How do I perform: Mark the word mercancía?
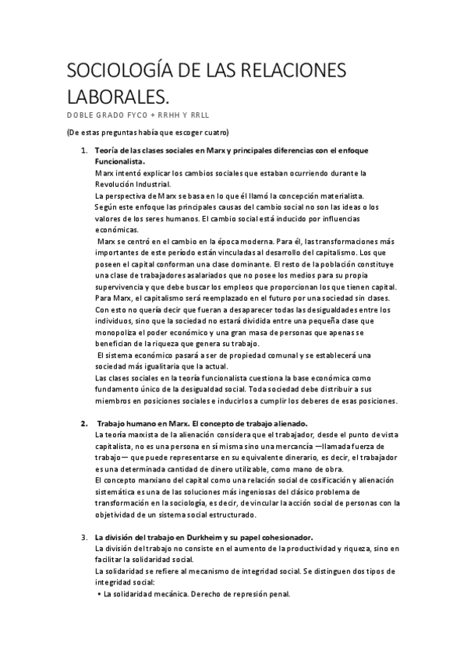286,447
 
